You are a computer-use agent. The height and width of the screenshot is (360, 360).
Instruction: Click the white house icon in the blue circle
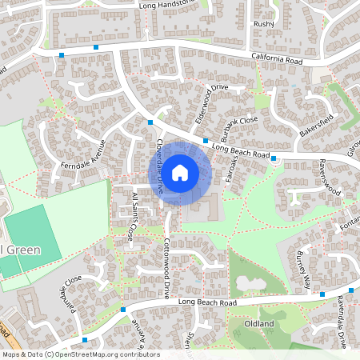[x=180, y=171]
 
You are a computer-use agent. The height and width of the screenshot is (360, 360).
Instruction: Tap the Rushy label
[x=263, y=24]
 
